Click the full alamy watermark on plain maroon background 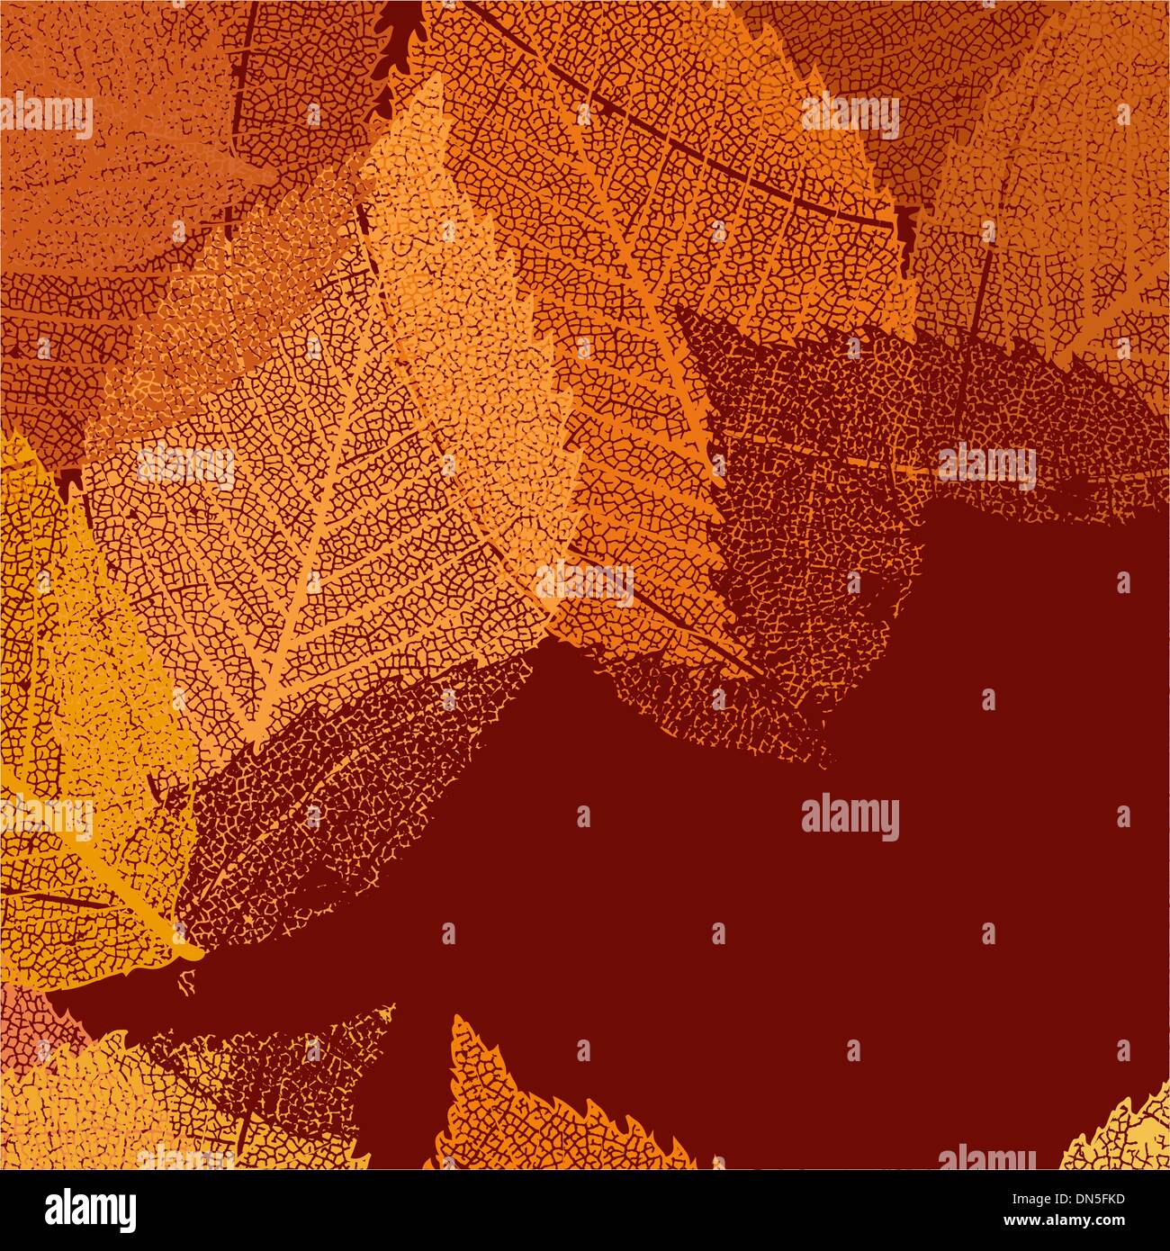tap(850, 818)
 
